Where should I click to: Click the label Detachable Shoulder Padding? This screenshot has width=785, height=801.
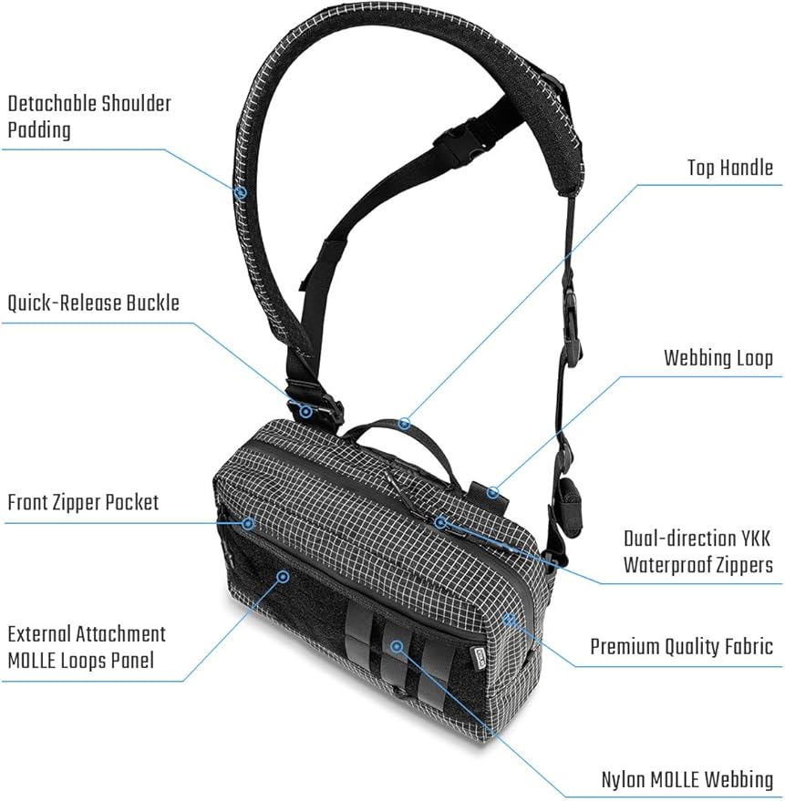coord(89,117)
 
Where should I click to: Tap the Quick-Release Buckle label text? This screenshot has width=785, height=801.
coord(94,303)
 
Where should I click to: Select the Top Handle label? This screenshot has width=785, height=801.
coord(729,168)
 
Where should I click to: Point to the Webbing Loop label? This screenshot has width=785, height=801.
coord(718,358)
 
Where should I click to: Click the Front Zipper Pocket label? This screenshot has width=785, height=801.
coord(83,503)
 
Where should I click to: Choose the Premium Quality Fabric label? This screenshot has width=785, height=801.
coord(681,646)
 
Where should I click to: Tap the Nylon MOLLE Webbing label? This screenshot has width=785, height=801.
coord(687,780)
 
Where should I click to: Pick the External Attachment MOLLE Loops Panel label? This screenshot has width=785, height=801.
coord(87,647)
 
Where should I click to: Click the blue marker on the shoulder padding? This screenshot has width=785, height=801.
coord(241,192)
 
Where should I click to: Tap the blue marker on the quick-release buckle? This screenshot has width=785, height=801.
coord(305,411)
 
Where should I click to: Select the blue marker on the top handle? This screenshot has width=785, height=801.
coord(405,423)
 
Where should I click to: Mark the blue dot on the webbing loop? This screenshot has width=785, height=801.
coord(492,492)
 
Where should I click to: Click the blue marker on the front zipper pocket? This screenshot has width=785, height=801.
coord(248,523)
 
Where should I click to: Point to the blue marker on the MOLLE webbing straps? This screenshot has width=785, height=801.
coord(397,647)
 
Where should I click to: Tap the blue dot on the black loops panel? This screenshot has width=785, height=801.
coord(283,577)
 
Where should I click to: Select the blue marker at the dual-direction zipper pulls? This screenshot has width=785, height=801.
coord(441,522)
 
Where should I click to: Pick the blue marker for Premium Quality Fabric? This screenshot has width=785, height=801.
coord(509,620)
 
